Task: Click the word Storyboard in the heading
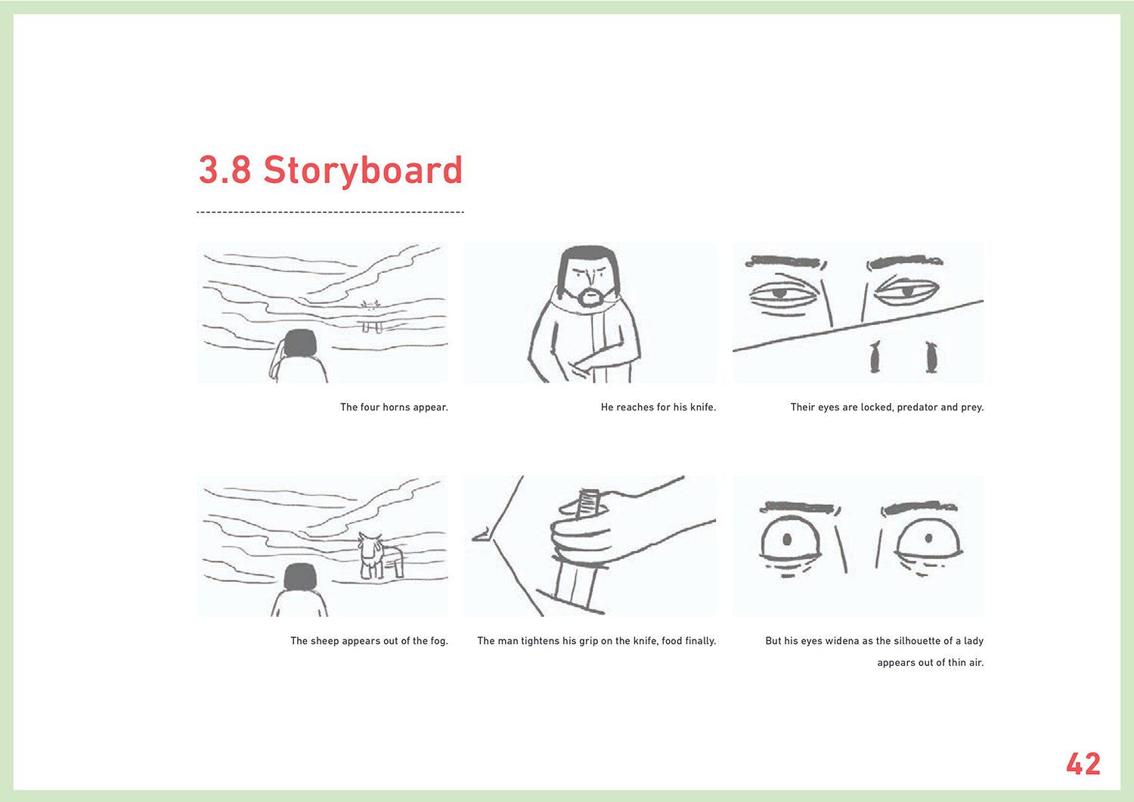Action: [363, 171]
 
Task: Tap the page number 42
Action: [1083, 764]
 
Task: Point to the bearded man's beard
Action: [590, 297]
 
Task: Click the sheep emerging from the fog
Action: [380, 556]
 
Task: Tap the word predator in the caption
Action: [917, 407]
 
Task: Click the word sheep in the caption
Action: [325, 641]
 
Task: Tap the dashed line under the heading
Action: [330, 212]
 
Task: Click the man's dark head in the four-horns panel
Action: [300, 342]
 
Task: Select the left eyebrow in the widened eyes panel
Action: [800, 508]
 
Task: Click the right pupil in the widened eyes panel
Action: [928, 537]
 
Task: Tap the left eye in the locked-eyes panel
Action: [783, 293]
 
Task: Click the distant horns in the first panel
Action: [370, 305]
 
